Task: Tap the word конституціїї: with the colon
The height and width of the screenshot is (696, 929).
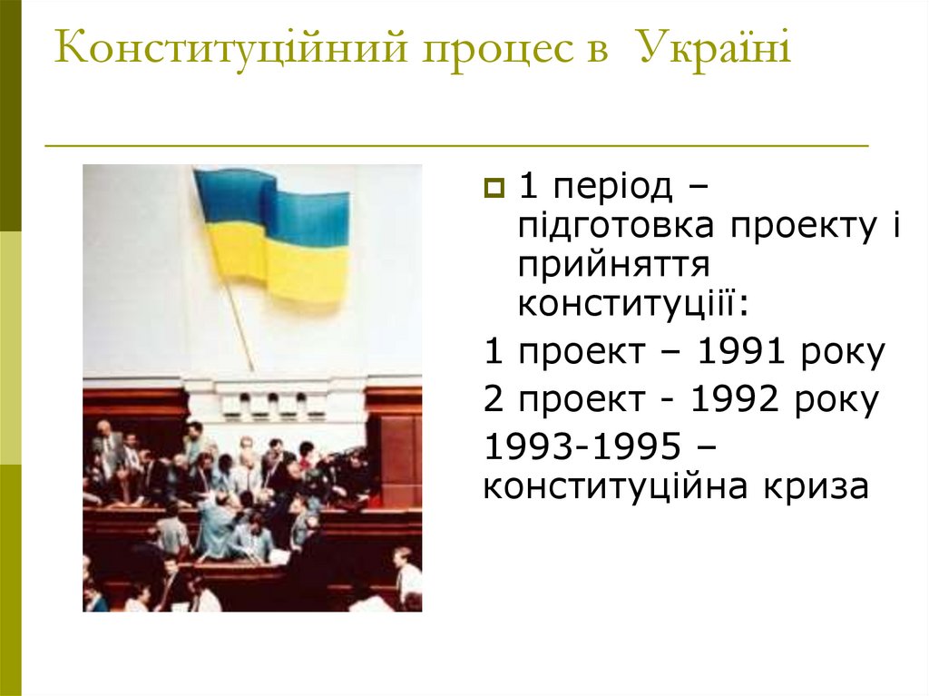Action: pyautogui.click(x=634, y=303)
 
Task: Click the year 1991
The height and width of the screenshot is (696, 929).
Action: pyautogui.click(x=742, y=352)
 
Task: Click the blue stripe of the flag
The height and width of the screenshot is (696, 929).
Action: pyautogui.click(x=272, y=200)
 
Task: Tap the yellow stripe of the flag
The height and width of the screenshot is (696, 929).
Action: pyautogui.click(x=281, y=263)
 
